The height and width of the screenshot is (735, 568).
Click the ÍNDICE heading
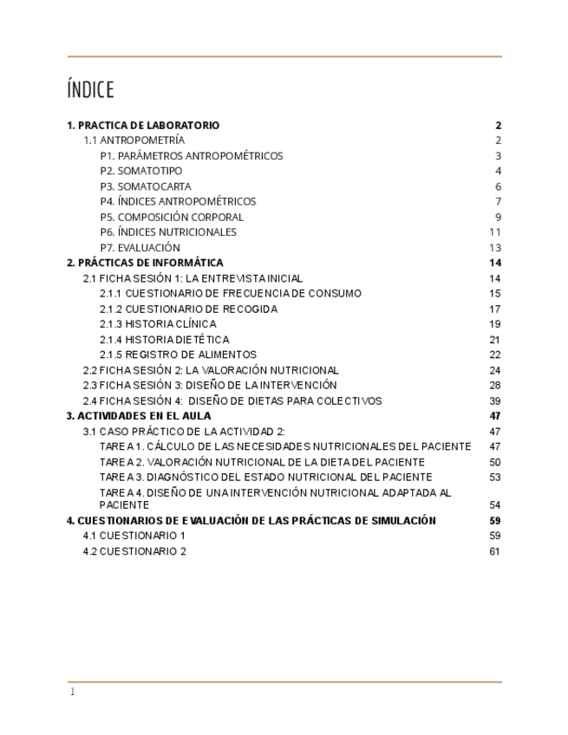90,90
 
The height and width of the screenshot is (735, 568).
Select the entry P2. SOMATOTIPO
140,171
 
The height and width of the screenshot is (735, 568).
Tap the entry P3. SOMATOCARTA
146,186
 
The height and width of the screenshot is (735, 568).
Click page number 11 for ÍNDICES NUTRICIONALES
494,232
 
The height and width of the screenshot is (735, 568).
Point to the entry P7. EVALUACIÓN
140,248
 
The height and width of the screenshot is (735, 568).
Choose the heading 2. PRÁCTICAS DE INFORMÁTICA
145,263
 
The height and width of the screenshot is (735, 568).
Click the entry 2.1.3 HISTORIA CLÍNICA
158,324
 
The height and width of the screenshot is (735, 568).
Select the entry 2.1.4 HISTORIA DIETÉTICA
164,340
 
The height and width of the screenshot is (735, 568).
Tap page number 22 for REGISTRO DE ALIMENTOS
494,354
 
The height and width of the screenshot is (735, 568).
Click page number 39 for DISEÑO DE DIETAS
494,400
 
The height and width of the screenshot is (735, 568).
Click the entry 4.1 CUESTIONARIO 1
134,536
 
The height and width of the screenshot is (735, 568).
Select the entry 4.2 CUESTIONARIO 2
134,551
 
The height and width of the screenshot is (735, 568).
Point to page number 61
494,551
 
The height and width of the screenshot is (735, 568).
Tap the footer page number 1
73,692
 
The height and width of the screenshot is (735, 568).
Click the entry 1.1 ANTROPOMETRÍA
134,140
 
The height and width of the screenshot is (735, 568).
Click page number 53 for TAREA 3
494,477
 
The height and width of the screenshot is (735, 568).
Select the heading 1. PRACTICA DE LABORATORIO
143,126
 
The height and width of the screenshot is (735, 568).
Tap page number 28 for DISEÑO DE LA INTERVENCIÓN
494,385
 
